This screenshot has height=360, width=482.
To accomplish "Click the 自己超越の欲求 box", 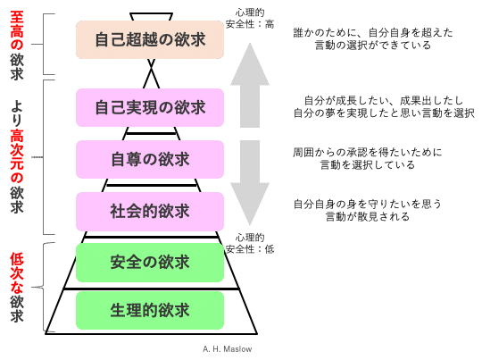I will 150,39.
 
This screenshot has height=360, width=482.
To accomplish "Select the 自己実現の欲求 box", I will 150,108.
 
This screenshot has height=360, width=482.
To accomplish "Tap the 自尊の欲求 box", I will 150,160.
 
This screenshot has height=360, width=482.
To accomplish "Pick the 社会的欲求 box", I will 150,212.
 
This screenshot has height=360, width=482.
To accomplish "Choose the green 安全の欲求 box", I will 150,263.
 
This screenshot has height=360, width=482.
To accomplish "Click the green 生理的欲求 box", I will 150,311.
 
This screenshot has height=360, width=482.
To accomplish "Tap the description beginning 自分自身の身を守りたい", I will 368,210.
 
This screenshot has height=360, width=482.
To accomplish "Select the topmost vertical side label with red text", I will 16,40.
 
